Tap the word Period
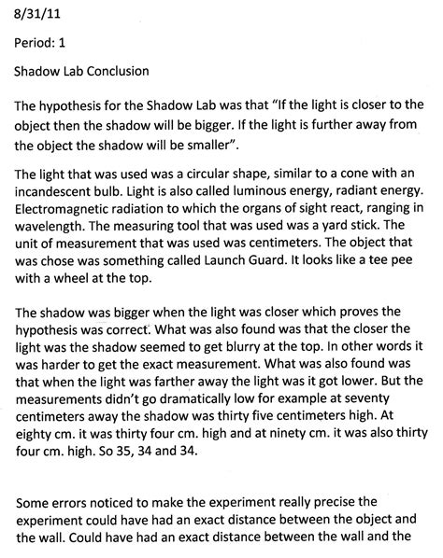click(x=36, y=42)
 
